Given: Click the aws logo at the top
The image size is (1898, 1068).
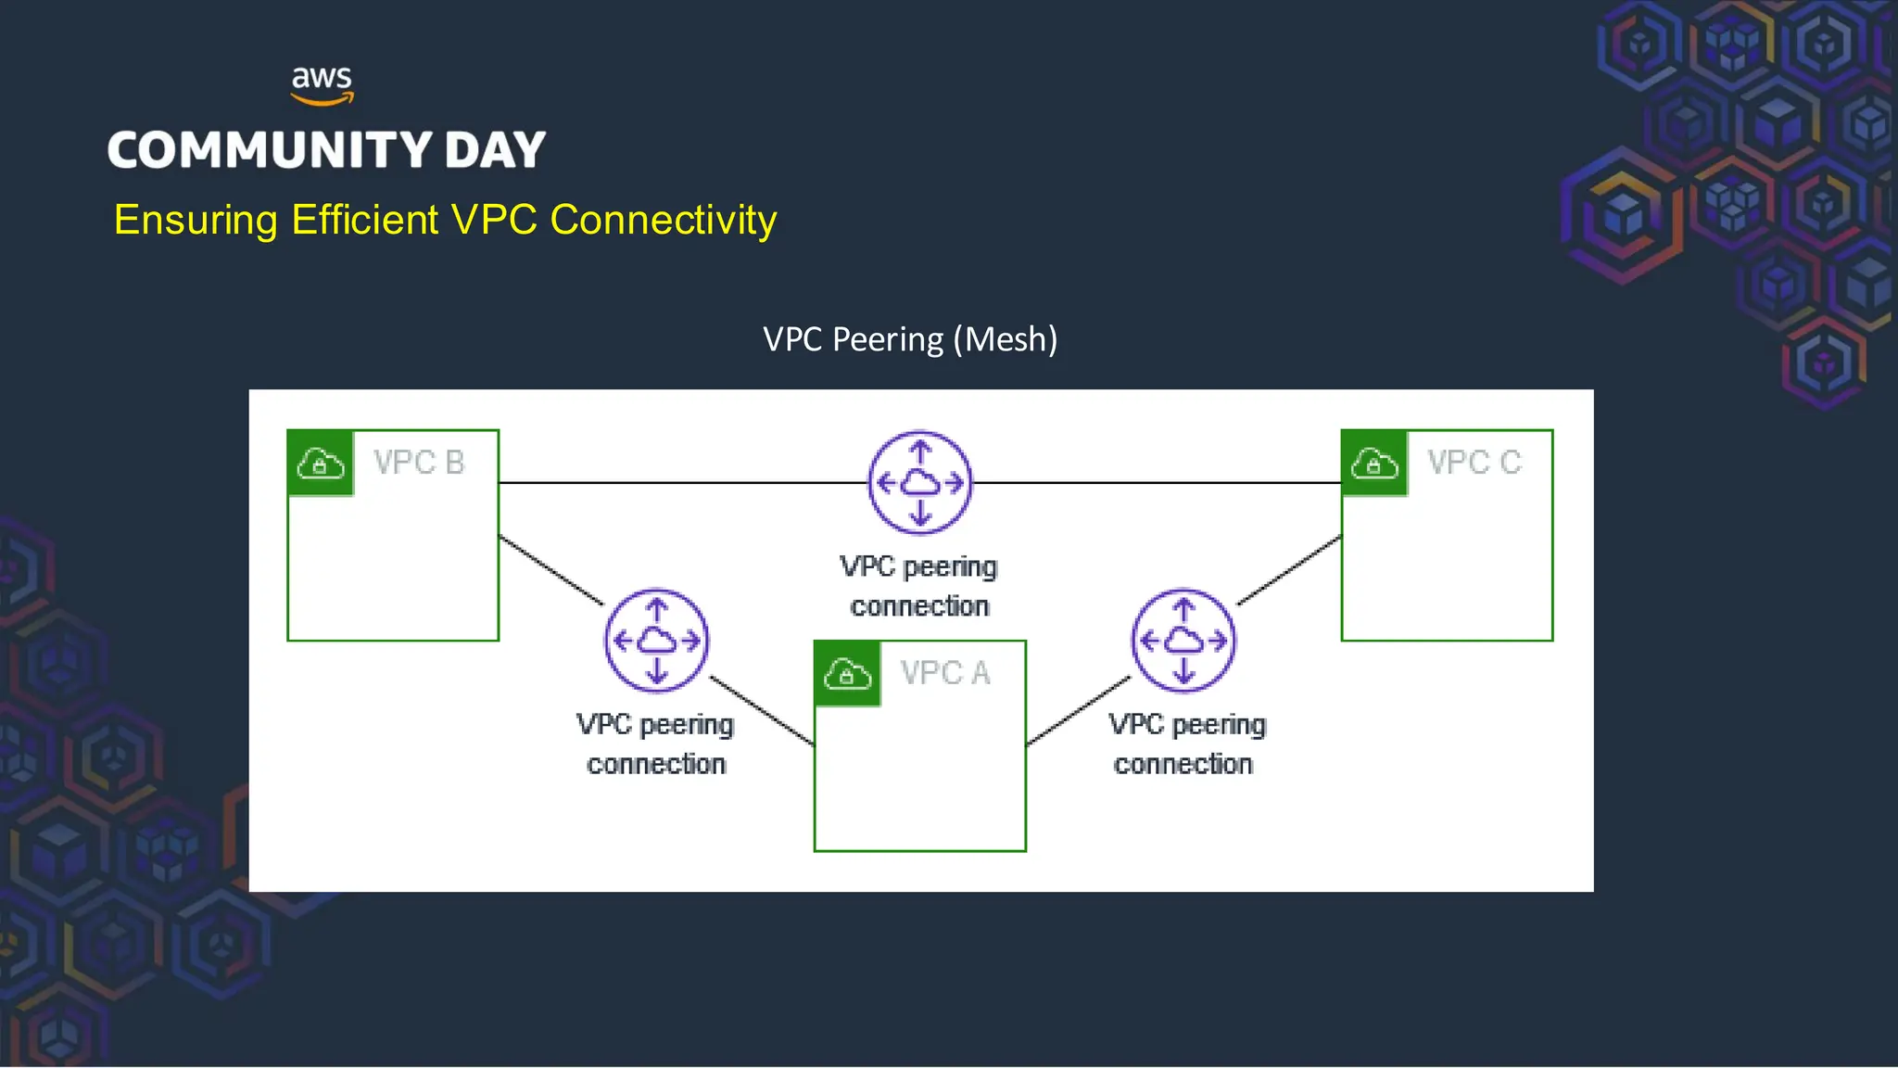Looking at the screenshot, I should (322, 84).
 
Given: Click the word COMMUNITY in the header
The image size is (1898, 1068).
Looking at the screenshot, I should (270, 150).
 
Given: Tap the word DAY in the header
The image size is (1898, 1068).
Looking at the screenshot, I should (495, 150).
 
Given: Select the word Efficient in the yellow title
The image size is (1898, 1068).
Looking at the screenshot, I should (364, 221).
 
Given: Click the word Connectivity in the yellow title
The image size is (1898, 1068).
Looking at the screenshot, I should (663, 221).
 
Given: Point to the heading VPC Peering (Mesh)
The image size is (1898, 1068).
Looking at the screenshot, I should (910, 339).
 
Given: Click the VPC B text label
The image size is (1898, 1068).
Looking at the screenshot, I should (419, 463).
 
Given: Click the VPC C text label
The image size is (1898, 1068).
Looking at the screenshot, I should (1474, 463).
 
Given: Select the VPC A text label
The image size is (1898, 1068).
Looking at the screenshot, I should (945, 673).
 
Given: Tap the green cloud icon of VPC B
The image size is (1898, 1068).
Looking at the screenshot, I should (321, 464).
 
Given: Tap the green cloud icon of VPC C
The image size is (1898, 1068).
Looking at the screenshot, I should (1374, 464).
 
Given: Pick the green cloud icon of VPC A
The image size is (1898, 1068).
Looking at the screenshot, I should (847, 674).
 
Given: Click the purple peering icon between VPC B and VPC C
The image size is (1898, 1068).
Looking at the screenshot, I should (919, 482).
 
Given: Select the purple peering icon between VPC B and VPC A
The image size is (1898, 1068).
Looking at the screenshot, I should (656, 641).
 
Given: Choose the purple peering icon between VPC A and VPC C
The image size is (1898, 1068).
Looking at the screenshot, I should (1183, 641).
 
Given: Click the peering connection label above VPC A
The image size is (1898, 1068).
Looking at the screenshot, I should (919, 586).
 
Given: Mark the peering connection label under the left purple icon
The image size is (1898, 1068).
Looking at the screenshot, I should (655, 744).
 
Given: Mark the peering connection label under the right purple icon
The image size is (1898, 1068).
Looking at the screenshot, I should (1185, 744).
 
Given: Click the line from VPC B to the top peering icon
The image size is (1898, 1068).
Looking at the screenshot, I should (681, 482).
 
